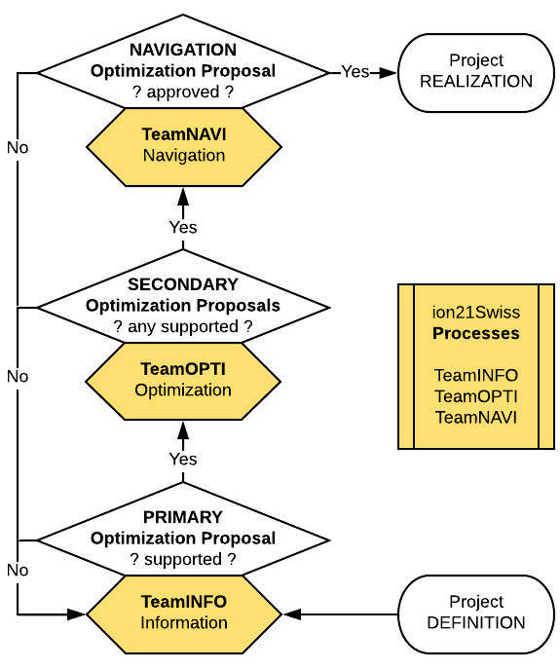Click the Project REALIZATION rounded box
475,72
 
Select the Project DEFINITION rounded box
475,613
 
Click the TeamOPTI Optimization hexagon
183,380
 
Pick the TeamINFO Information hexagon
183,613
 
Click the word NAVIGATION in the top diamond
183,50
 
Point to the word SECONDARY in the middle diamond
183,284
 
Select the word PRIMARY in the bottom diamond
183,517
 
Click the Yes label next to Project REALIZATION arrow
355,72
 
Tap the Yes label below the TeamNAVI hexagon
183,227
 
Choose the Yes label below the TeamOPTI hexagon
183,459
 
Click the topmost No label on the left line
18,148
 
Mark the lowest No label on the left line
18,570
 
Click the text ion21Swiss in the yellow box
475,314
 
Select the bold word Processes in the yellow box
475,333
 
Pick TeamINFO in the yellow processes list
475,375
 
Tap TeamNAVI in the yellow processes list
475,417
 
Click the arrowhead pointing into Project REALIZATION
389,72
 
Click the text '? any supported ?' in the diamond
183,326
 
